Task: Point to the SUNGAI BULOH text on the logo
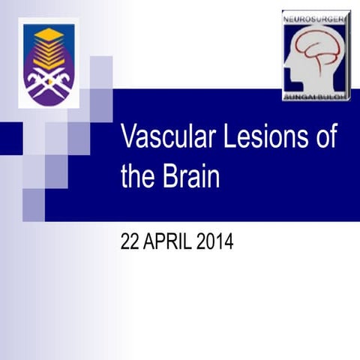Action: click(316, 96)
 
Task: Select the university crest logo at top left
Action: click(49, 64)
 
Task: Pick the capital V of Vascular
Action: click(128, 140)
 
